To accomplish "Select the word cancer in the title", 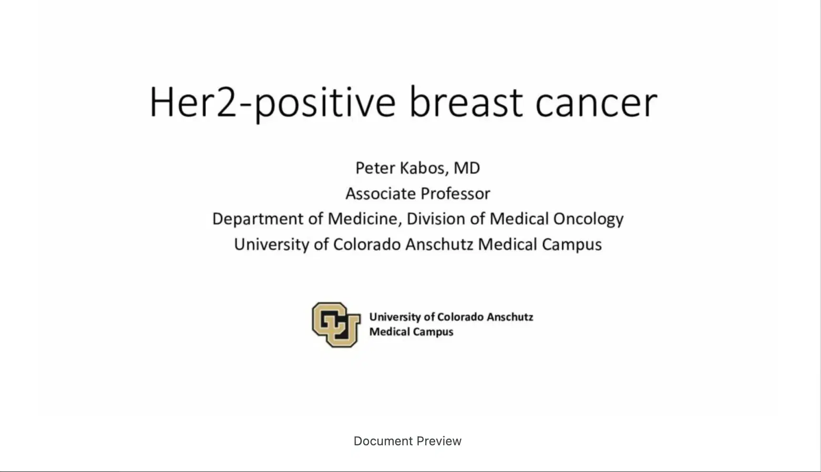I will (x=596, y=103).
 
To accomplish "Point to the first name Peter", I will (x=375, y=168).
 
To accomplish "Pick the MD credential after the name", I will (x=467, y=168).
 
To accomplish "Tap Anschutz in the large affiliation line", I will (x=439, y=244).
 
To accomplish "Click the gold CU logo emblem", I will (x=336, y=324).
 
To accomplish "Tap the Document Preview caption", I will (x=408, y=441).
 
